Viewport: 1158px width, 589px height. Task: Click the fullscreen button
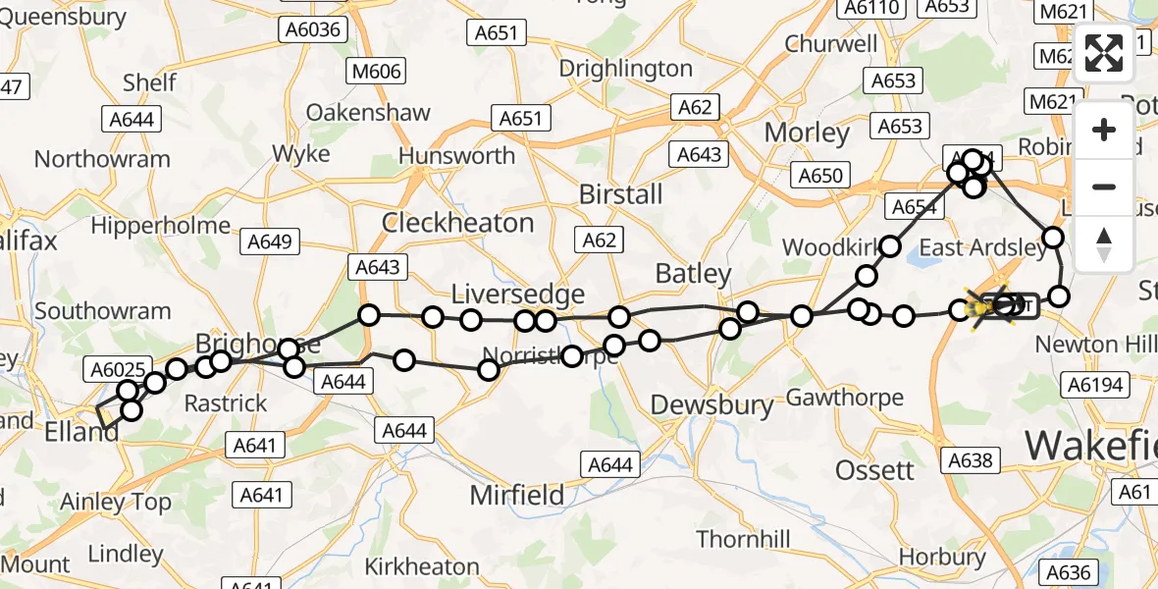click(1104, 53)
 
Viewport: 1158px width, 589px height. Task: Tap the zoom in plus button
click(1104, 130)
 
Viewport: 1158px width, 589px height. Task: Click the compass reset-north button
click(1104, 243)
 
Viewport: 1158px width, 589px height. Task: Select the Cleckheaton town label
click(457, 223)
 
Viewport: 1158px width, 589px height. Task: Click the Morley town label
click(807, 133)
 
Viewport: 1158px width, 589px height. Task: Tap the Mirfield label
click(517, 495)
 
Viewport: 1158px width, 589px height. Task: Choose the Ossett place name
click(874, 470)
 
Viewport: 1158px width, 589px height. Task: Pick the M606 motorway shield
click(375, 72)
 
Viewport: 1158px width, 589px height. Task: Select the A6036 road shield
click(313, 29)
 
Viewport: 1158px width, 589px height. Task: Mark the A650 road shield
click(820, 176)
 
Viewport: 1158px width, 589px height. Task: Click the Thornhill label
click(743, 539)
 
